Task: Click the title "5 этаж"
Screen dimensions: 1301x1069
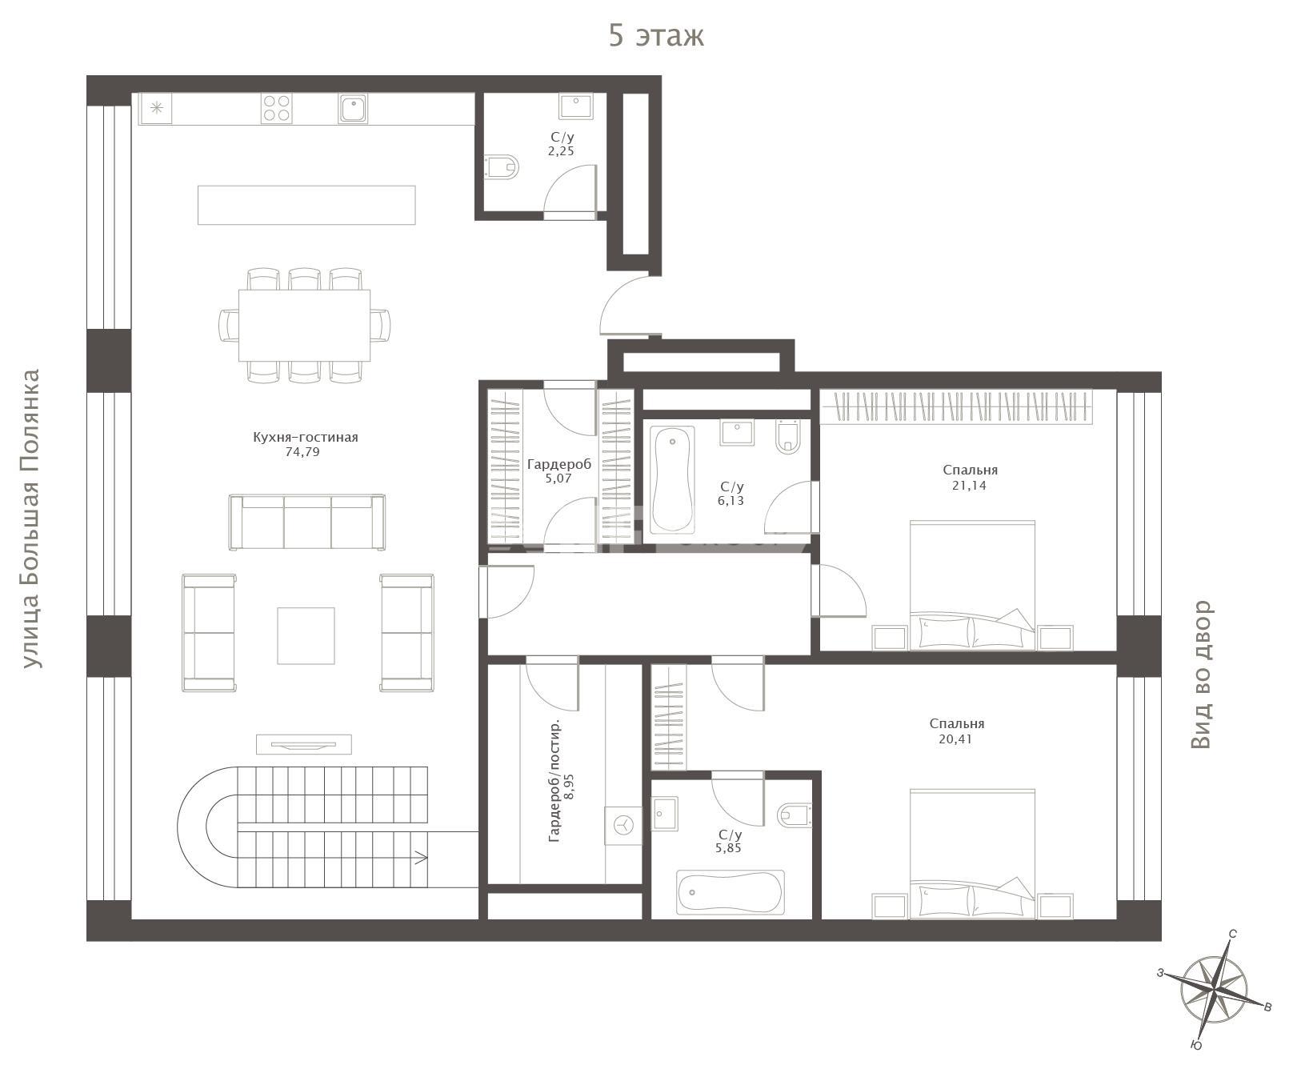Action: pos(656,36)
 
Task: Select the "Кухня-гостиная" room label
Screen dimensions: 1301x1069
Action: pos(305,437)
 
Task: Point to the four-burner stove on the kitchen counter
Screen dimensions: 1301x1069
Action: pos(276,108)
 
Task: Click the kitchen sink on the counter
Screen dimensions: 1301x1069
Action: pos(353,108)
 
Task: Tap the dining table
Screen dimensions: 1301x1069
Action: pos(304,325)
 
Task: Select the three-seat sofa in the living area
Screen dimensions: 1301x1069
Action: pos(306,522)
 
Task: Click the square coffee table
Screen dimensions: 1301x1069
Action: pos(306,635)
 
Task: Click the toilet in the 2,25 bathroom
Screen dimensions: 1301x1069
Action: pos(501,166)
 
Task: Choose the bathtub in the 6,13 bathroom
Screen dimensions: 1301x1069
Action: pos(672,479)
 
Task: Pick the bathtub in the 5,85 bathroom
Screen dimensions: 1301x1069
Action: pos(731,892)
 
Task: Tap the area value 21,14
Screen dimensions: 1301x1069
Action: pos(969,485)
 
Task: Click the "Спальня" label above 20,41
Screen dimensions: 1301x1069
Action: pos(957,723)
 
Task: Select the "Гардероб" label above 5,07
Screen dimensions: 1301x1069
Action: pos(559,464)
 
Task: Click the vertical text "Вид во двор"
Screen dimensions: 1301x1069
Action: pos(1201,675)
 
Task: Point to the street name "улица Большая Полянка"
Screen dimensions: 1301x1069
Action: pos(30,518)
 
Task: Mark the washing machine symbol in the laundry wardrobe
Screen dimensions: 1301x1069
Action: pos(623,825)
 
